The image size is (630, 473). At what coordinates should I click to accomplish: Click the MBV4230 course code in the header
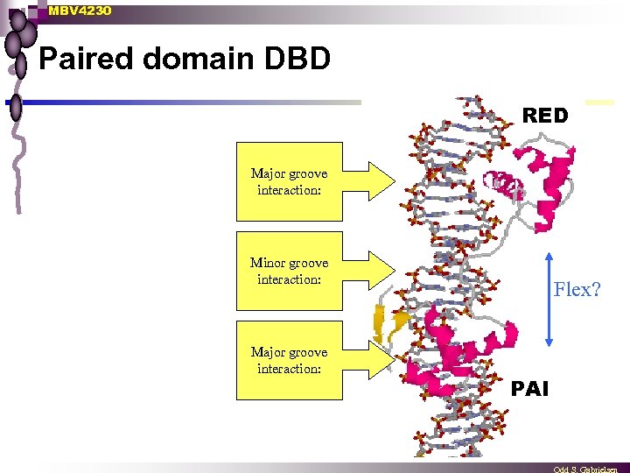tap(80, 11)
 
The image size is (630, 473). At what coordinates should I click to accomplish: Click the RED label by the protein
tap(544, 116)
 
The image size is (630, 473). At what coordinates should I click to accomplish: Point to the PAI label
tap(529, 388)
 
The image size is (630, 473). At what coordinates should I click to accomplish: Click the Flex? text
tap(577, 290)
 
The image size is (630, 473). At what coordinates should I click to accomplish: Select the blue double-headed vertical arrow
tap(547, 299)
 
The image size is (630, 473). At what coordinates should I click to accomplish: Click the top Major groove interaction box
tap(289, 182)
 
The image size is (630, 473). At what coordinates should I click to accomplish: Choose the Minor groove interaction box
tap(289, 271)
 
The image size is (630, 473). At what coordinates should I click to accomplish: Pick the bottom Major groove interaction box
tap(289, 360)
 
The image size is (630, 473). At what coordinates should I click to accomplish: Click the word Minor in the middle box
tap(268, 263)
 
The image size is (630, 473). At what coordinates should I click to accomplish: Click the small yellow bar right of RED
tap(599, 102)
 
